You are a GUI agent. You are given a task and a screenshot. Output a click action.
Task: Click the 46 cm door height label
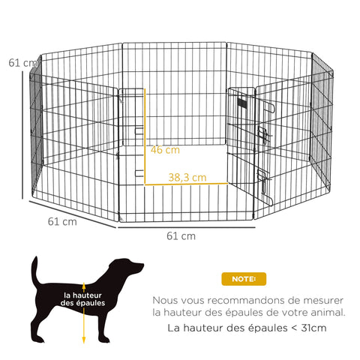pos(165,150)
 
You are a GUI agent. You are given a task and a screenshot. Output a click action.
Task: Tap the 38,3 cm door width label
pos(187,178)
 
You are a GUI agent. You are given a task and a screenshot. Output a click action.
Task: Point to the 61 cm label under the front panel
pos(180,235)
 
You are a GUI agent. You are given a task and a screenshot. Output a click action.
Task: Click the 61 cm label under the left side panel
pos(61,221)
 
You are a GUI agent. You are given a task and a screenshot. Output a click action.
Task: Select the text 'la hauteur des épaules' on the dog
pos(84,299)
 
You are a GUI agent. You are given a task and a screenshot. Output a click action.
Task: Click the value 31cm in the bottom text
pos(311,328)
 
